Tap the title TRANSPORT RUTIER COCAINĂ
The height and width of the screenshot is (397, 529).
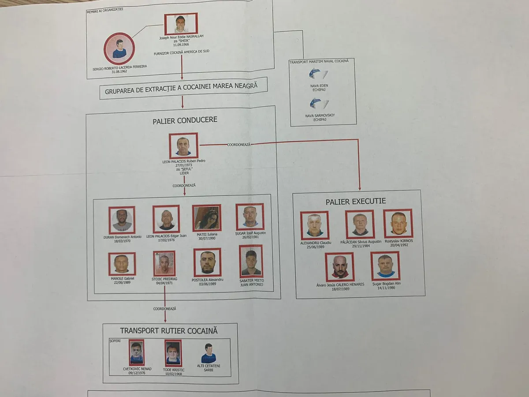pos(168,331)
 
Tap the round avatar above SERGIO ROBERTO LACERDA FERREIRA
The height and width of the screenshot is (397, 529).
pos(119,49)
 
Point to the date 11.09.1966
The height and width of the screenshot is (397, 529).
pos(181,45)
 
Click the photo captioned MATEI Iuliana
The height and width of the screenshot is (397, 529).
pos(206,218)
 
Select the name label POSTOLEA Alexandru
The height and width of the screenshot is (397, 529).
pos(207,280)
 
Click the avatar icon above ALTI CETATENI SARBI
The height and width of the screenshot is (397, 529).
pos(209,353)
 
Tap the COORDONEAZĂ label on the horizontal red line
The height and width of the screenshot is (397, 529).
pos(238,144)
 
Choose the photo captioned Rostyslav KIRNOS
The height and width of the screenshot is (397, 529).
pos(398,224)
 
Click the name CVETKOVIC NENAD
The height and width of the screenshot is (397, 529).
pos(137,369)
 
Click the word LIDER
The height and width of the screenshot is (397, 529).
pos(184,173)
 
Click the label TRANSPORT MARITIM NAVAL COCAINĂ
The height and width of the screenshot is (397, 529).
pos(319,62)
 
